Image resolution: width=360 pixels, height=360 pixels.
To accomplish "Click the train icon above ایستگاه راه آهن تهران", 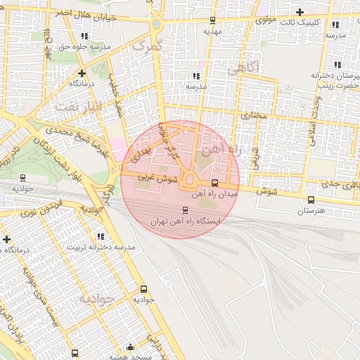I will coord(186,210).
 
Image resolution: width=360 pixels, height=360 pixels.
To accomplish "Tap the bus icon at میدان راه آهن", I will coord(214,182).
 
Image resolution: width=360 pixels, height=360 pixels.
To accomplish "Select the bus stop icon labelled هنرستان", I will coord(311,200).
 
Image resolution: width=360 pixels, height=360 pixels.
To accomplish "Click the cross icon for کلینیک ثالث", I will coord(300,12).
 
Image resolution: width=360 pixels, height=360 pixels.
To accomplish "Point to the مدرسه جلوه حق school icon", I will coord(85,36).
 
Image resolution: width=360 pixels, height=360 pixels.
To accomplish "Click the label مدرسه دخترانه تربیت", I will coord(101,247).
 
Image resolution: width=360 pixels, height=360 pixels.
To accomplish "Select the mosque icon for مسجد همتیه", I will coord(129,347).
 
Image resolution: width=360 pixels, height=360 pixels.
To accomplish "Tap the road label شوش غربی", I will coord(155,179).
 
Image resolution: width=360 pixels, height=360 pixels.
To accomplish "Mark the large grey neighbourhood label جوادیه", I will coord(96,299).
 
